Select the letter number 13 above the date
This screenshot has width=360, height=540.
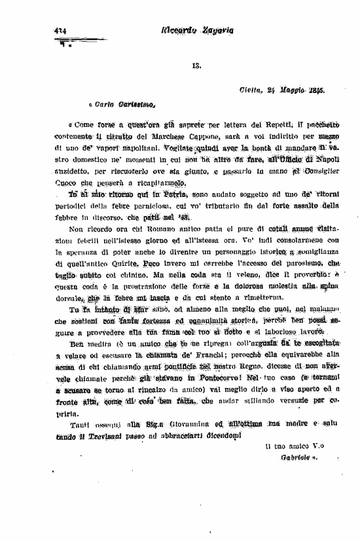[x=196, y=65]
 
